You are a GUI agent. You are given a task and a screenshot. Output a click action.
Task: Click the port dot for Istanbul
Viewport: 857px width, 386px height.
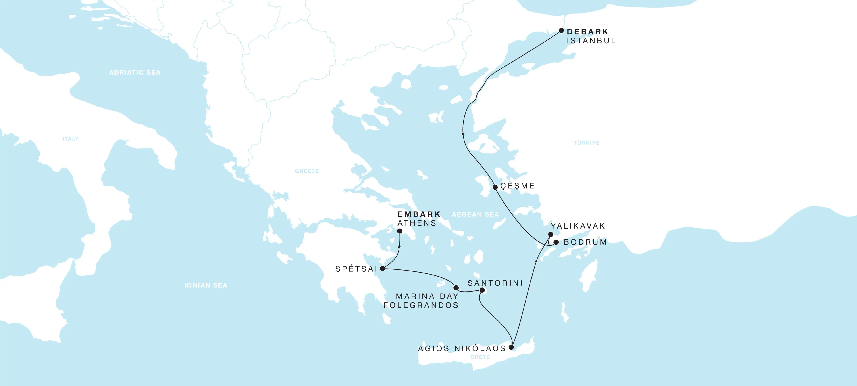pos(561,31)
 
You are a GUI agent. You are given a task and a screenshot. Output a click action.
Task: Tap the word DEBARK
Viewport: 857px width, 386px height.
pos(588,32)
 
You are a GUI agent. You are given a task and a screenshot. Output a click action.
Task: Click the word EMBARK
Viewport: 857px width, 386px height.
pos(419,214)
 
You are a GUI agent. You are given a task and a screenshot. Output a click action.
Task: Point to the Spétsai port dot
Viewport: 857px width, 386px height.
pos(383,269)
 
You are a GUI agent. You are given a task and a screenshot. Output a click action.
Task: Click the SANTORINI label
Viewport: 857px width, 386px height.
pos(495,283)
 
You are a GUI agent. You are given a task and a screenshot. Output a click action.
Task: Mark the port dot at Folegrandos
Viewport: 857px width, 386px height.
pos(456,288)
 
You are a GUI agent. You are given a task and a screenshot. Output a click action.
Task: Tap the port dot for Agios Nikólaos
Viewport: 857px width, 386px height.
pos(511,347)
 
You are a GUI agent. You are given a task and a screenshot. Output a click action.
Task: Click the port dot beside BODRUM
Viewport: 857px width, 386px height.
pos(556,242)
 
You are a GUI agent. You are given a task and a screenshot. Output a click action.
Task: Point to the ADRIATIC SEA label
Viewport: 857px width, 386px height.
pos(135,73)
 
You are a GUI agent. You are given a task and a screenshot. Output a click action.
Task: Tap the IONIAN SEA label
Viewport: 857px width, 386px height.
pos(206,285)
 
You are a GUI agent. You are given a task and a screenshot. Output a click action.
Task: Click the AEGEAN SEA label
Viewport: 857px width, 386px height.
pos(475,214)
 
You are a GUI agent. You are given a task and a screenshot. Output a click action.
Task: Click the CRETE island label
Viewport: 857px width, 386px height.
pos(480,357)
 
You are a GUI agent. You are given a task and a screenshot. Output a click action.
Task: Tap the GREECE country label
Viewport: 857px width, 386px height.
pos(307,171)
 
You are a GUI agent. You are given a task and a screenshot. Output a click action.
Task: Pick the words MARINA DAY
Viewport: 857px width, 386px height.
pos(427,296)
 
